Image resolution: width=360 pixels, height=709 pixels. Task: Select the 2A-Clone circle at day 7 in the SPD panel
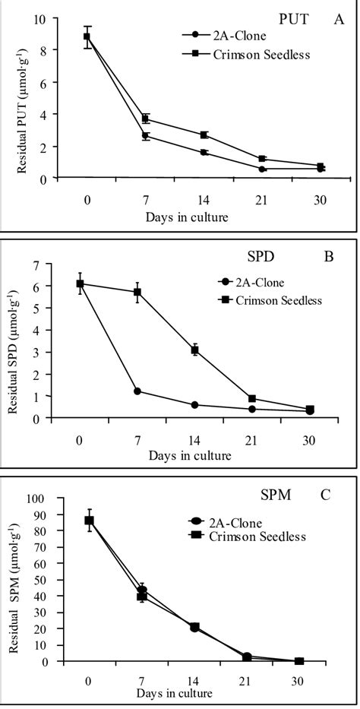(137, 391)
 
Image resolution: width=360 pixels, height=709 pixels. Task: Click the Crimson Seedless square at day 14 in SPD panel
(195, 350)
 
